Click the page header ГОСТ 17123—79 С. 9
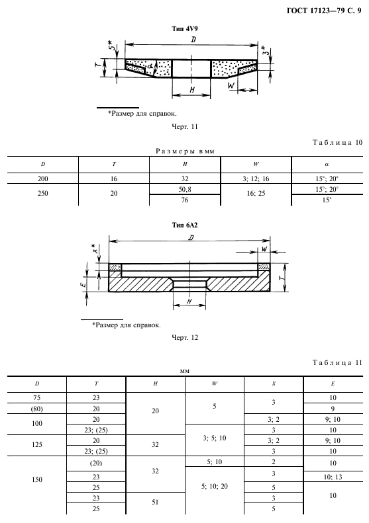click(324, 11)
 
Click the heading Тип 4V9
click(184, 28)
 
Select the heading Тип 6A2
click(184, 225)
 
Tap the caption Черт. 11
click(184, 127)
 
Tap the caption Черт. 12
click(184, 338)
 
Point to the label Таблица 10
click(338, 142)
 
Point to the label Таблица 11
click(338, 362)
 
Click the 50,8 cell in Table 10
click(185, 189)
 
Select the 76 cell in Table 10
click(185, 200)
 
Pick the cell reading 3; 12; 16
click(256, 179)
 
